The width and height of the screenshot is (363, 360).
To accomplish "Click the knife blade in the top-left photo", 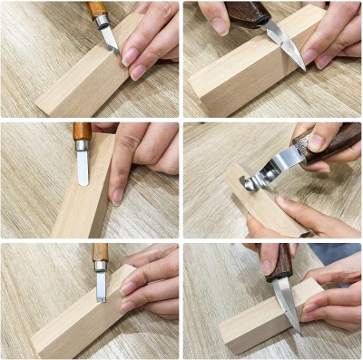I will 110,38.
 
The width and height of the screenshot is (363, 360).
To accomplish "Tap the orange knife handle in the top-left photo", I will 95,8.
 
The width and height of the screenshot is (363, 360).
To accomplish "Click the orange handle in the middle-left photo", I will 83,132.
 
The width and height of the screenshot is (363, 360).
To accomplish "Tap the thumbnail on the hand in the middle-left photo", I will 118,195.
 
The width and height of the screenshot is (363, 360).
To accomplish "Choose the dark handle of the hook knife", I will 331,141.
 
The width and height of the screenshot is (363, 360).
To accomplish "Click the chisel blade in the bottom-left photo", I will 101,284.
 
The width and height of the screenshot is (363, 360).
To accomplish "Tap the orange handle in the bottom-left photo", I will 100,251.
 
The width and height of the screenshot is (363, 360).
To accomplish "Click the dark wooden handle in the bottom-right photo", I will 280,261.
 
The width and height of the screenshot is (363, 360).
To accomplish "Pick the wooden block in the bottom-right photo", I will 259,326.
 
